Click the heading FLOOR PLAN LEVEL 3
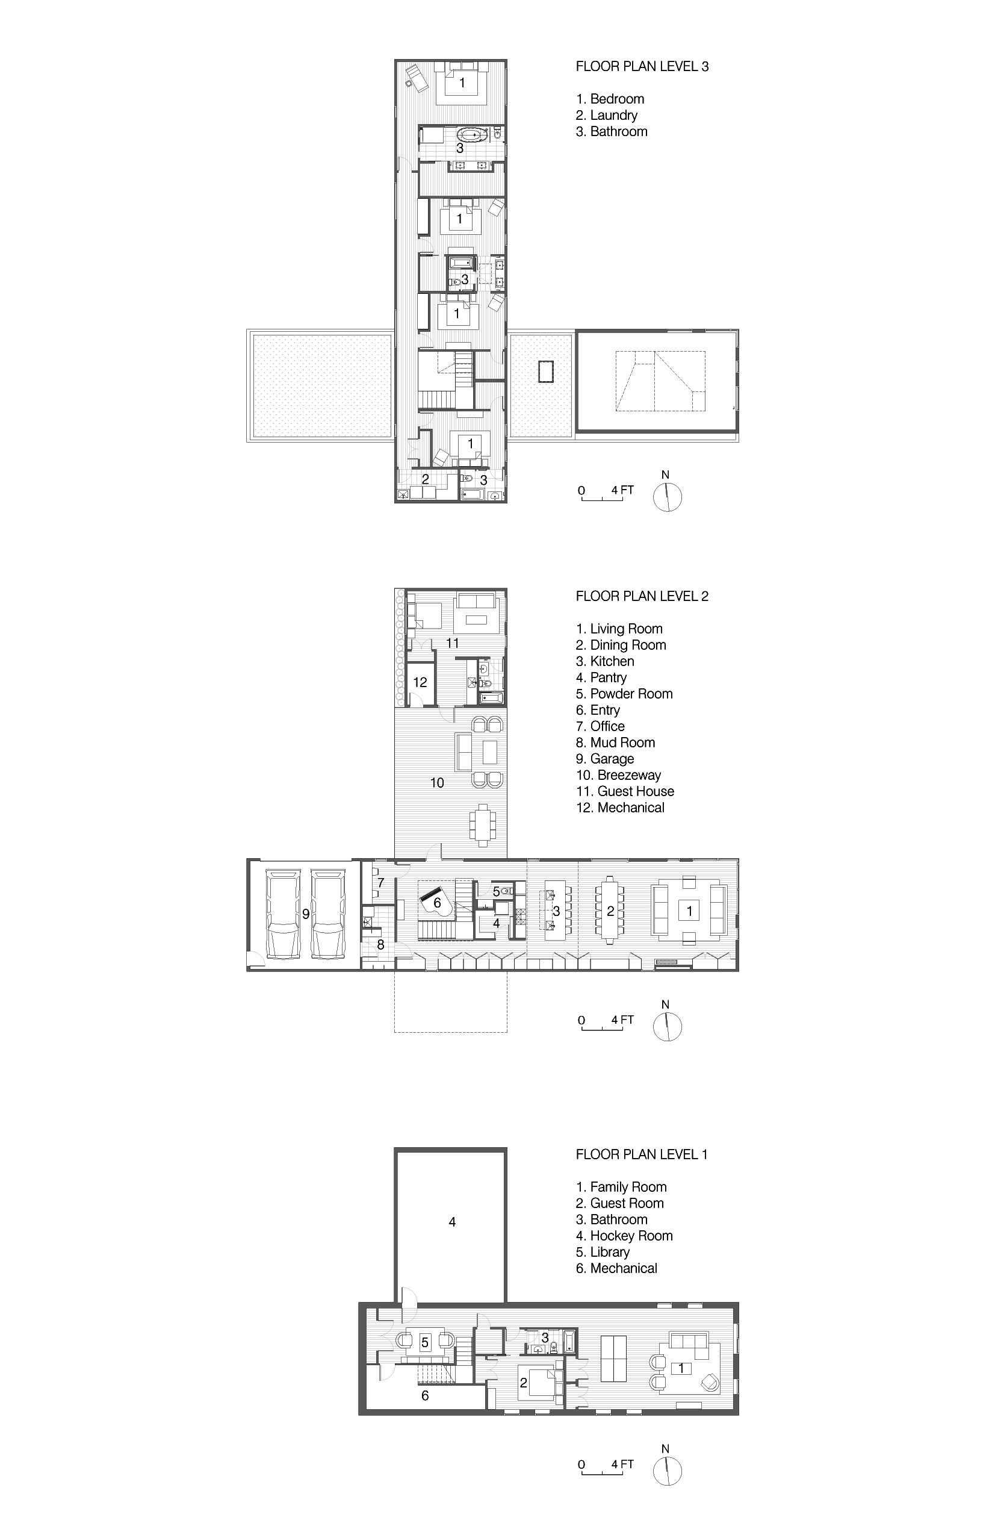642,66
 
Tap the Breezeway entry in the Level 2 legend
619,775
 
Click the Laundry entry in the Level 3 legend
606,115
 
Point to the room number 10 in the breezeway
437,782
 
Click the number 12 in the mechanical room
420,682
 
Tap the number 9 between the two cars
306,914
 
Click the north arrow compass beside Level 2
668,1026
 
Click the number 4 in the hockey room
452,1222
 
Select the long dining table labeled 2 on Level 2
610,911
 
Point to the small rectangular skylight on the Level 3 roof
546,372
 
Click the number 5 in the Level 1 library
424,1343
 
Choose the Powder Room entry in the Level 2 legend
624,694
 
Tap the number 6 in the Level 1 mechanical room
424,1395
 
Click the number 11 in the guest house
452,643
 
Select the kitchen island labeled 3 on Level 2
556,911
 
